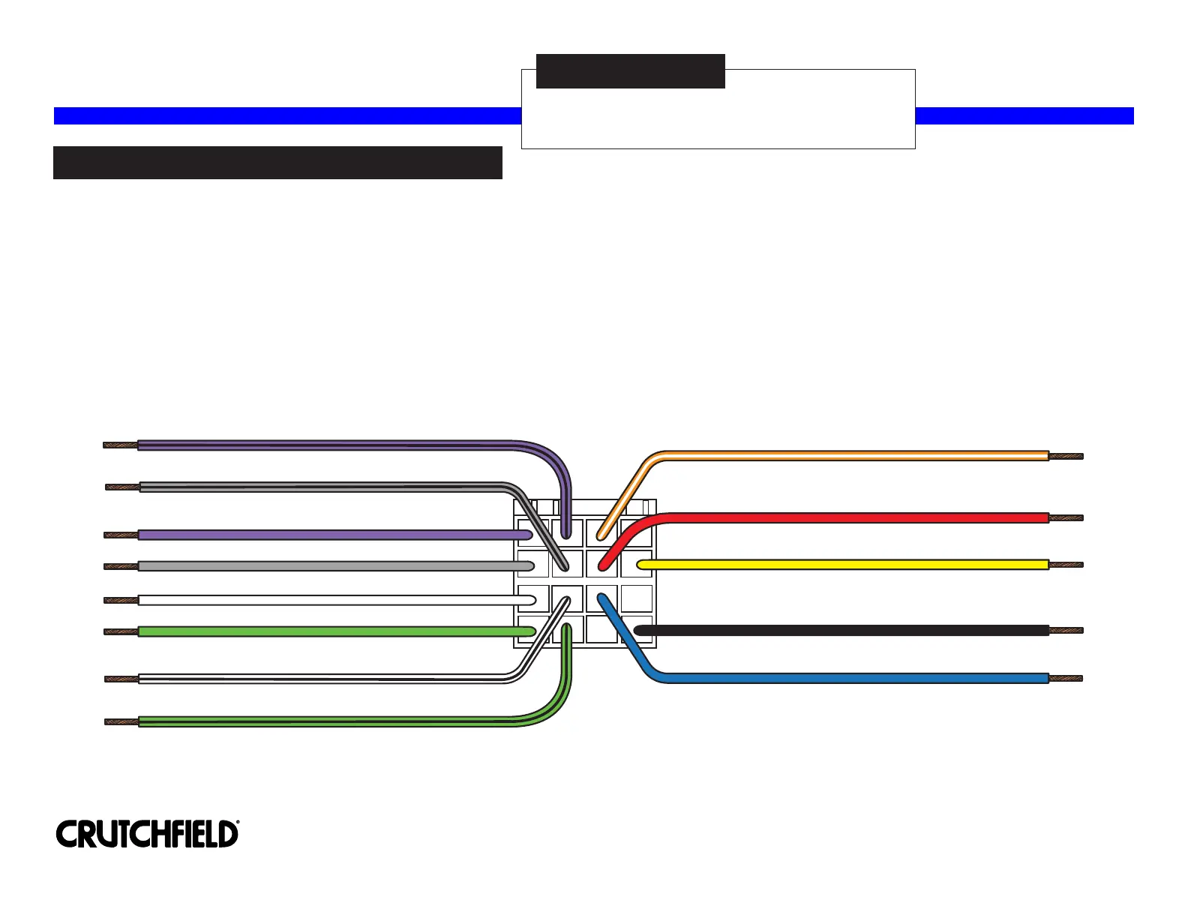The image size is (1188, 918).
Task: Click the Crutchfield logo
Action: point(147,834)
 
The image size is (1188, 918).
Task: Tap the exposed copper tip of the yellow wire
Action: point(1066,565)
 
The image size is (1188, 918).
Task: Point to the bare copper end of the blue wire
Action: point(1065,679)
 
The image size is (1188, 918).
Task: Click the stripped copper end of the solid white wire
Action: point(120,600)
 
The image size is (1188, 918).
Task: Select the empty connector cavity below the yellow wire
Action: point(637,598)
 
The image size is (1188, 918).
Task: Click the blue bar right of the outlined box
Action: point(1024,115)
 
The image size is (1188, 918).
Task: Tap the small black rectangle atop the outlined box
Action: point(630,71)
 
